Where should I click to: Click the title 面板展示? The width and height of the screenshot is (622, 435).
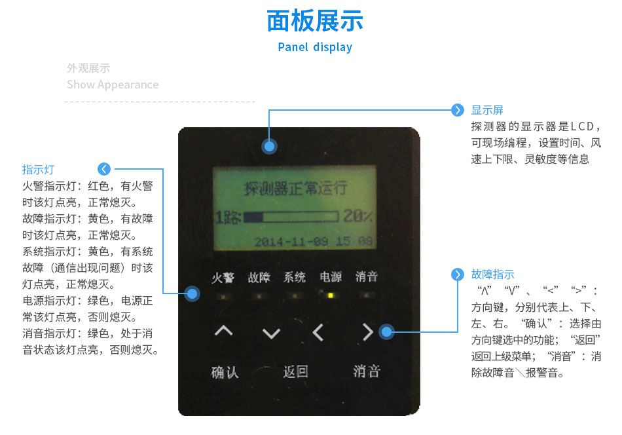[315, 21]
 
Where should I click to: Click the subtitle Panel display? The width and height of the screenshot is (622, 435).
[315, 47]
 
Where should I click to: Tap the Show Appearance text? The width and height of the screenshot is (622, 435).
[113, 85]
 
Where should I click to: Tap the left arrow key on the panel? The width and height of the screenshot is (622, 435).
[318, 333]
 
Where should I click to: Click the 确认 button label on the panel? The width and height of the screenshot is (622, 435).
[225, 372]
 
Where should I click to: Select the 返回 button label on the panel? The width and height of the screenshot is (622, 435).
[295, 371]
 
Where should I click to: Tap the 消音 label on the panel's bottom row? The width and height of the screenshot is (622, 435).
[367, 371]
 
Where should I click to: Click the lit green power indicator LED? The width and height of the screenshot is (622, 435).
[331, 295]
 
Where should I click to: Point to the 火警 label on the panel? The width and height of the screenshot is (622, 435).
[223, 277]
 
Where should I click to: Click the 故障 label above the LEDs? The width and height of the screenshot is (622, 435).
[259, 277]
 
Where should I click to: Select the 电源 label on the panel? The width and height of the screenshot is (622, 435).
[331, 277]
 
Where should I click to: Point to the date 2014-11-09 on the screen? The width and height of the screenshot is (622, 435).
[291, 241]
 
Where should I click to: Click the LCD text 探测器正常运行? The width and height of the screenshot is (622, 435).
[295, 189]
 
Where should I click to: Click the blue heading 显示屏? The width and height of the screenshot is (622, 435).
[487, 110]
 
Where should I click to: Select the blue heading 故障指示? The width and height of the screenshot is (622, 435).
[492, 274]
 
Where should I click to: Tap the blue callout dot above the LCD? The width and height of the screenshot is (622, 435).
[268, 147]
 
